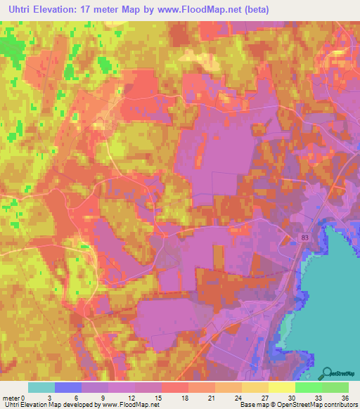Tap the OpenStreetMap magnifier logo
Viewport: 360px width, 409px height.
(327, 372)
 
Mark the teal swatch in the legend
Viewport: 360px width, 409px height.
(41, 387)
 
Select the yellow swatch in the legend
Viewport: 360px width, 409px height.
(282, 387)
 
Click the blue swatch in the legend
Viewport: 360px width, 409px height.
(68, 387)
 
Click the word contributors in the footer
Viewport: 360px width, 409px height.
(341, 405)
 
